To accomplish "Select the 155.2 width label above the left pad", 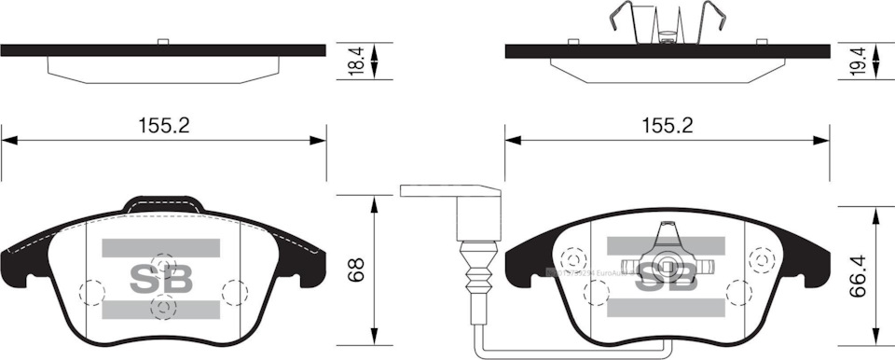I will click(163, 125).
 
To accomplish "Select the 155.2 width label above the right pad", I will click(668, 125).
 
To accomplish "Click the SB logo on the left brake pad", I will click(160, 279).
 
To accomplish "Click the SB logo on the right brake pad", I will click(666, 279).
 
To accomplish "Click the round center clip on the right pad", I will click(666, 266).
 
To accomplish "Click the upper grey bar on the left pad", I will click(160, 247).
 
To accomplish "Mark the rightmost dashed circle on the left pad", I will click(233, 292).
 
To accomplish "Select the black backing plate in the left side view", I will click(163, 50).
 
